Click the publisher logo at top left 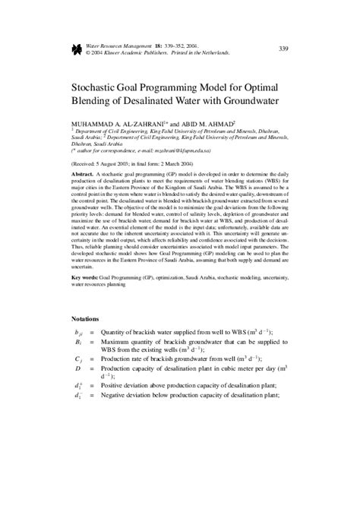click(75, 49)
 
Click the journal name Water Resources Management click(120, 46)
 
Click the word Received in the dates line click(88, 163)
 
